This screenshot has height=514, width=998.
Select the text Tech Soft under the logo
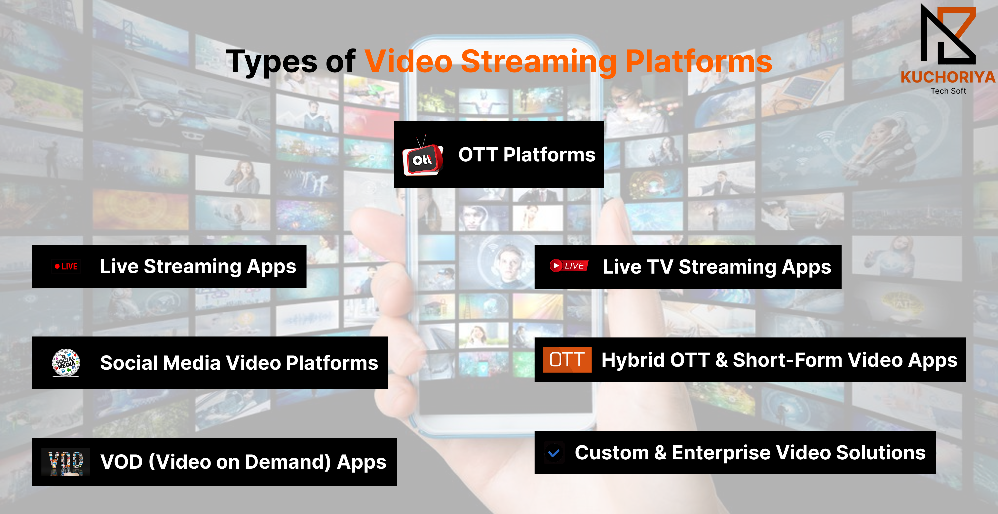pos(948,91)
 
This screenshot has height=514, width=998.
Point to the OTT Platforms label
pos(527,154)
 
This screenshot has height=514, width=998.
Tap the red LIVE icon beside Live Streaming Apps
pos(66,266)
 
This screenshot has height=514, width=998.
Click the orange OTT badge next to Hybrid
pos(567,360)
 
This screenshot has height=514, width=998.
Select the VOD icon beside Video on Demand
pos(66,462)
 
